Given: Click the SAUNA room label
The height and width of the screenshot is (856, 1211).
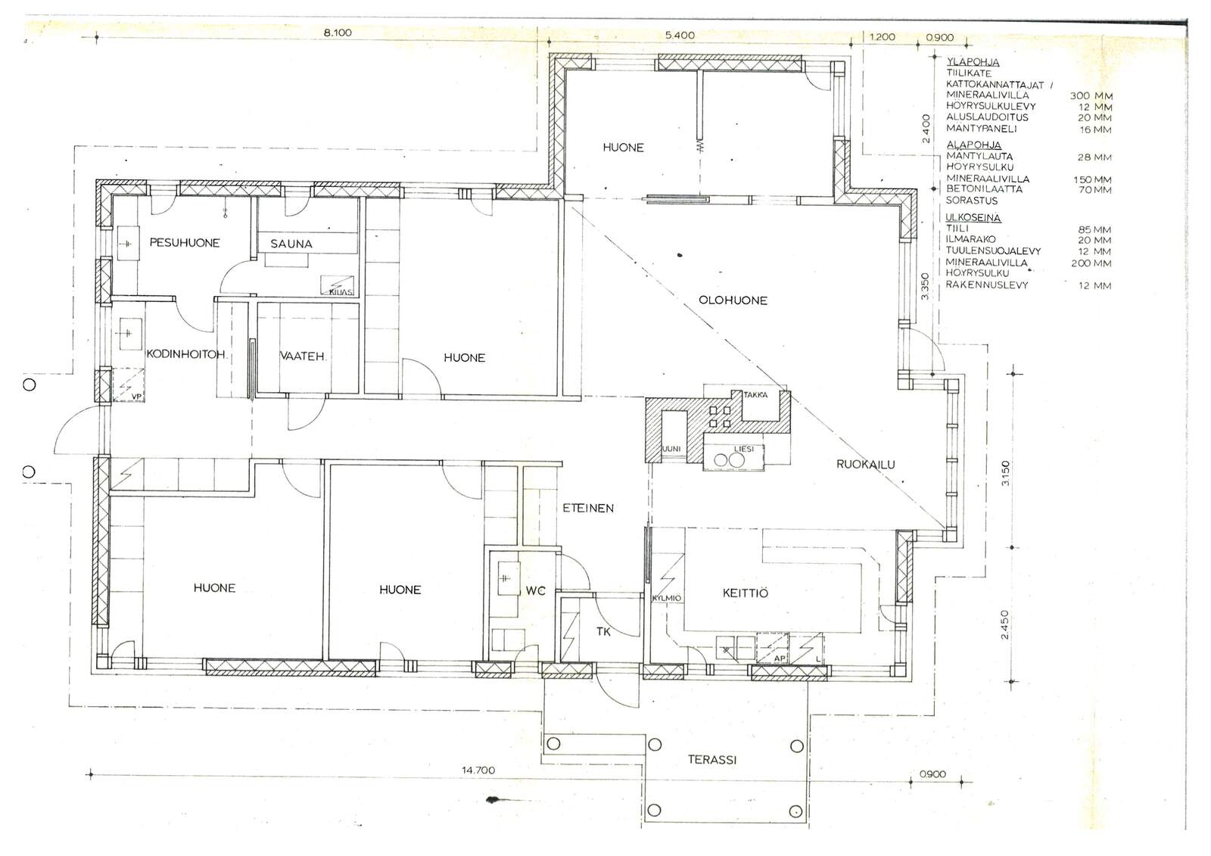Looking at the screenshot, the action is coord(291,244).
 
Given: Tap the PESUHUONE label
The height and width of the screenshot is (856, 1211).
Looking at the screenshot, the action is coord(185,243).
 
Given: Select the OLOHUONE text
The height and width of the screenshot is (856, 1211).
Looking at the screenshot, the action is coord(733,300).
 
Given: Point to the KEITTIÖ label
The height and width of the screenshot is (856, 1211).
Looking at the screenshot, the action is coord(745,593).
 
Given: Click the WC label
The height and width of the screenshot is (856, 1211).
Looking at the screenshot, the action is coord(535,591).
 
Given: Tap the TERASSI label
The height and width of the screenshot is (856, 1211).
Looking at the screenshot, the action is coord(712,760).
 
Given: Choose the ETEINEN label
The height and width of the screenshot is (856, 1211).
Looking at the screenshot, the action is coord(588,509).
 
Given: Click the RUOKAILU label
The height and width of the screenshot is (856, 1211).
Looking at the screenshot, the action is coord(866,464).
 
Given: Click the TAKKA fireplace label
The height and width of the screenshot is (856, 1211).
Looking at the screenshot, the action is coord(755,395).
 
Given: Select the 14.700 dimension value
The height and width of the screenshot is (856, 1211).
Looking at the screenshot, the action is coord(478,770).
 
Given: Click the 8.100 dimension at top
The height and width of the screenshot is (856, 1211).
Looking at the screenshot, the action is coord(338,33).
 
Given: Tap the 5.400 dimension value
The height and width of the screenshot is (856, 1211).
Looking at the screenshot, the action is coord(680,35).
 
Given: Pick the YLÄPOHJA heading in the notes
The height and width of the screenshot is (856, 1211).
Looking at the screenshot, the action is coord(973,61).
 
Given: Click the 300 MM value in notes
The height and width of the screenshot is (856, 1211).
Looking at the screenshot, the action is coord(1091,96).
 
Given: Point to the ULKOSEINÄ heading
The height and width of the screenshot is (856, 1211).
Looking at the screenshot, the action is coord(973,217).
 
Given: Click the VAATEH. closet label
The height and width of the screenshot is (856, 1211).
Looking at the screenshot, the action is coord(302,356).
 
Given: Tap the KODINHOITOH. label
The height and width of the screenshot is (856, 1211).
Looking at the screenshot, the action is coord(186,355).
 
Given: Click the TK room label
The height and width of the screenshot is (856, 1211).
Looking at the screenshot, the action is coord(603,631).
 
